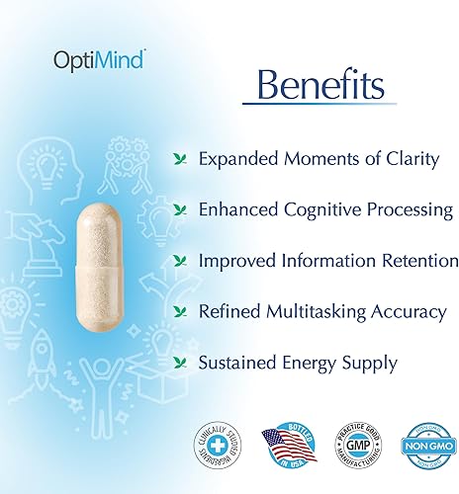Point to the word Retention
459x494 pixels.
[417, 261]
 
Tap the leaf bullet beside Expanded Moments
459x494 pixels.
[179, 158]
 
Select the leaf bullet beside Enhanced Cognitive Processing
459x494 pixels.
[179, 209]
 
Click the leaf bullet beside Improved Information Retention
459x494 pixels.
[179, 261]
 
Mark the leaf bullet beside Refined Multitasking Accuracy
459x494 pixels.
[179, 312]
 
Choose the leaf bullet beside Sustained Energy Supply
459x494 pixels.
[179, 364]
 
